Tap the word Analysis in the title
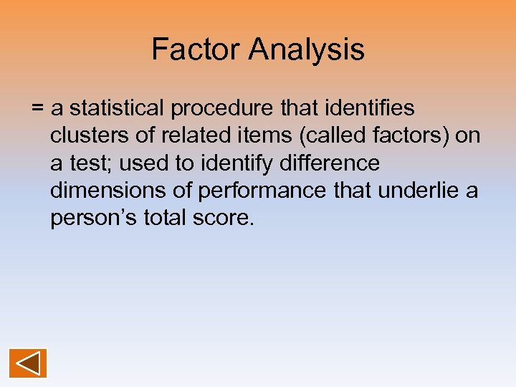[x=307, y=50]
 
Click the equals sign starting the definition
[x=37, y=109]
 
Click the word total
[x=168, y=218]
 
